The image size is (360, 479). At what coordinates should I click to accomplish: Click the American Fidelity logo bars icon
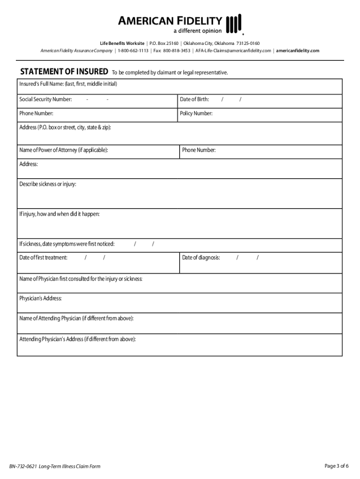[x=234, y=24]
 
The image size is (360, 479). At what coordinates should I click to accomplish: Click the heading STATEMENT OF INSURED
[x=65, y=72]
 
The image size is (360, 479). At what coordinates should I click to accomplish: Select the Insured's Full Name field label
[x=68, y=84]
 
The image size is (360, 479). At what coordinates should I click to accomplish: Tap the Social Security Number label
[x=45, y=99]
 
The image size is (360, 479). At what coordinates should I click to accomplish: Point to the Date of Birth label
[x=194, y=99]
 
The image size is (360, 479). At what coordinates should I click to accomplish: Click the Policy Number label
[x=196, y=114]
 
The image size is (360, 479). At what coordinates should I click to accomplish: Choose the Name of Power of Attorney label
[x=64, y=150]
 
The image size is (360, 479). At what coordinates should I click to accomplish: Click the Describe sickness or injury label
[x=48, y=184]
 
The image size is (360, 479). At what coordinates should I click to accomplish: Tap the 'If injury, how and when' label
[x=59, y=214]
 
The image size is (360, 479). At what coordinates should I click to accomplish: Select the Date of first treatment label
[x=43, y=258]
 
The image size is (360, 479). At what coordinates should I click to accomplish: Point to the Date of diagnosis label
[x=201, y=258]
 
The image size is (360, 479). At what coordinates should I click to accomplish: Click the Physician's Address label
[x=40, y=298]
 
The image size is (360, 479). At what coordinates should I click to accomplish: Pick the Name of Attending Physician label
[x=76, y=319]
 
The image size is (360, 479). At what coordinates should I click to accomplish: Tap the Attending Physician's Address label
[x=78, y=339]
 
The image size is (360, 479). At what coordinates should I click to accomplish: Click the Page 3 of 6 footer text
[x=337, y=466]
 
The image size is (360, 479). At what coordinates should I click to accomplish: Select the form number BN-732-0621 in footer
[x=23, y=466]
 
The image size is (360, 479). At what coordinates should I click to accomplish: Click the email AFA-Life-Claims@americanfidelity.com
[x=233, y=51]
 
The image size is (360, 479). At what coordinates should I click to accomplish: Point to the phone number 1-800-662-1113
[x=133, y=51]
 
